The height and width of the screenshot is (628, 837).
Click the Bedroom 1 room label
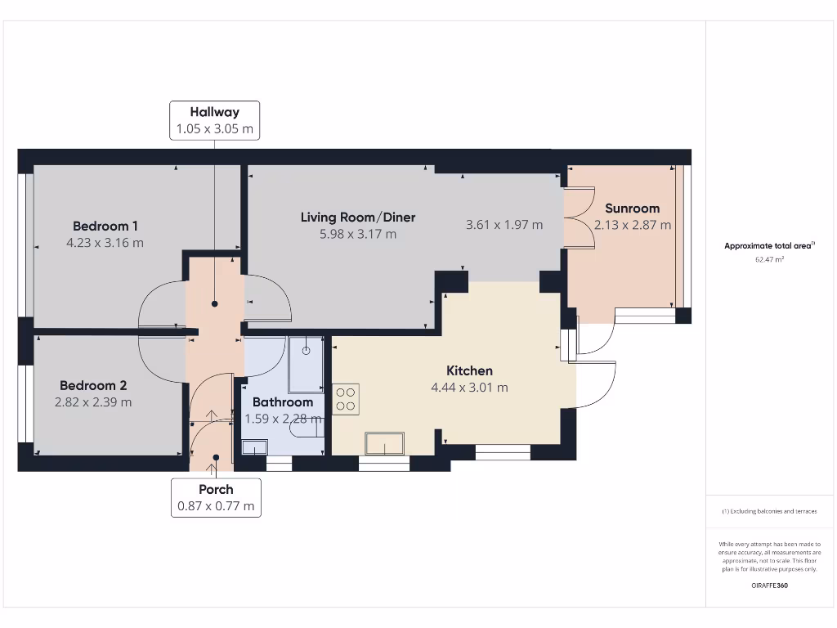pyautogui.click(x=105, y=226)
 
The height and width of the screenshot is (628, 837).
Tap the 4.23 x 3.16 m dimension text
pyautogui.click(x=105, y=242)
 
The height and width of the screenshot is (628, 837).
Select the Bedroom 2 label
pyautogui.click(x=93, y=386)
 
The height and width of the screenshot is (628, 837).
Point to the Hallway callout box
pyautogui.click(x=215, y=121)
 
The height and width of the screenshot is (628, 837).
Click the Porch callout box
pyautogui.click(x=216, y=498)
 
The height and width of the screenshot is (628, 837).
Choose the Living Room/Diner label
pyautogui.click(x=358, y=218)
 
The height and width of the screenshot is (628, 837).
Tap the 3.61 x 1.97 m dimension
pyautogui.click(x=504, y=225)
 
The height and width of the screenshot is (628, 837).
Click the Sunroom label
pyautogui.click(x=632, y=209)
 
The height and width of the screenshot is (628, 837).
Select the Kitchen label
pyautogui.click(x=469, y=370)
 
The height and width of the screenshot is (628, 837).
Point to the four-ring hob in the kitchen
pyautogui.click(x=346, y=399)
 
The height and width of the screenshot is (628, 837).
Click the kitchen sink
pyautogui.click(x=384, y=443)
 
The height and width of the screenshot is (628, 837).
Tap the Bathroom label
pyautogui.click(x=282, y=402)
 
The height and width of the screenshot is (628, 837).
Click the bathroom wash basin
pyautogui.click(x=255, y=447)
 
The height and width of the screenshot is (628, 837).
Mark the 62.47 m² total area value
pyautogui.click(x=769, y=259)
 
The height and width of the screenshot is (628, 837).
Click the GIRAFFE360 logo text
pyautogui.click(x=769, y=585)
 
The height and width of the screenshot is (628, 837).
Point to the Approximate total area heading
pyautogui.click(x=769, y=245)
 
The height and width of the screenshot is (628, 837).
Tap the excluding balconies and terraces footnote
pyautogui.click(x=769, y=511)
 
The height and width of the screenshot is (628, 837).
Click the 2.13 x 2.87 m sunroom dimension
pyautogui.click(x=633, y=225)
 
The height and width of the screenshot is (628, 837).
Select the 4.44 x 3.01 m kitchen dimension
pyautogui.click(x=469, y=387)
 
